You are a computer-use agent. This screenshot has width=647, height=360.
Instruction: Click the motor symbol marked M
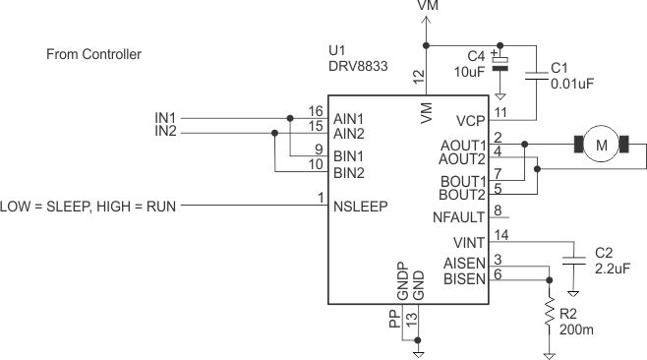click(x=602, y=147)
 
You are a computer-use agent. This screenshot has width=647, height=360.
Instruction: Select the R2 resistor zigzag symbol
click(x=549, y=314)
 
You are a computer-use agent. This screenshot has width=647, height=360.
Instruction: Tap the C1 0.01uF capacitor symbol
click(x=537, y=76)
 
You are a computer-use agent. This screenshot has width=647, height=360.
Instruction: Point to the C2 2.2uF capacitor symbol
click(x=572, y=262)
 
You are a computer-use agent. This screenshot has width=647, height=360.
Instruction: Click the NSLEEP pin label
click(x=360, y=207)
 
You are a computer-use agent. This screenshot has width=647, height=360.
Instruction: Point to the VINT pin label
click(x=469, y=242)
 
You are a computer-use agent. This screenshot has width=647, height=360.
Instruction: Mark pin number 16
click(x=315, y=111)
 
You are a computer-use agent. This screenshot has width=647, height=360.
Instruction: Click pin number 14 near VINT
click(x=501, y=234)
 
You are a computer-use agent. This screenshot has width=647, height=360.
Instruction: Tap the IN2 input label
click(x=165, y=131)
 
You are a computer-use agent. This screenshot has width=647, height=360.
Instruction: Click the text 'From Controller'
click(x=94, y=54)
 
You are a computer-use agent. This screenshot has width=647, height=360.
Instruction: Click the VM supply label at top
click(x=428, y=6)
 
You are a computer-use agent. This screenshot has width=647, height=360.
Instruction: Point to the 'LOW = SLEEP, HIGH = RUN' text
click(x=88, y=207)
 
